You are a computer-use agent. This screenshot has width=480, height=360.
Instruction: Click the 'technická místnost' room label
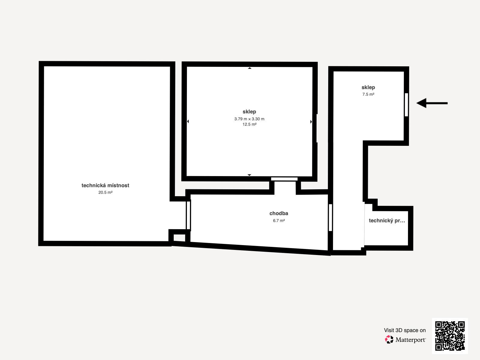[x=105, y=186]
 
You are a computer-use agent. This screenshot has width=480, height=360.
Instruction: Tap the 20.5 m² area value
[x=105, y=192]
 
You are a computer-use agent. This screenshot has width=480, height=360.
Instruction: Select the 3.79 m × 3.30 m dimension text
[x=249, y=119]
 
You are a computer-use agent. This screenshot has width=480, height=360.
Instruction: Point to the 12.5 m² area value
[x=249, y=124]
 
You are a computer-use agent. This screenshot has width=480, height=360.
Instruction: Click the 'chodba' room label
[x=279, y=213]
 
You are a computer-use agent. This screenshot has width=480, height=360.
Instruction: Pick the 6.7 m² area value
[x=279, y=220]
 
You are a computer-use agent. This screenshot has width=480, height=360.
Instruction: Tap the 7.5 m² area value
[x=368, y=94]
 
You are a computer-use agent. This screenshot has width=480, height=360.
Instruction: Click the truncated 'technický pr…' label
[x=387, y=220]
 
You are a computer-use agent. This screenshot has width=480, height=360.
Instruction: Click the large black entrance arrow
[x=432, y=103]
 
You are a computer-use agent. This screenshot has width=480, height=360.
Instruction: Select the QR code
[x=450, y=336]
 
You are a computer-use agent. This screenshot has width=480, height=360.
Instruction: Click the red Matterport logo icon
[x=389, y=340]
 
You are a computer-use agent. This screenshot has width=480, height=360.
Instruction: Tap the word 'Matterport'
[x=411, y=340]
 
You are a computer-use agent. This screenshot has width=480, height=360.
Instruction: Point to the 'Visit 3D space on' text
[x=405, y=330]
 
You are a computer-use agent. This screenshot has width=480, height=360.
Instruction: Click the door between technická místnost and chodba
[x=188, y=215]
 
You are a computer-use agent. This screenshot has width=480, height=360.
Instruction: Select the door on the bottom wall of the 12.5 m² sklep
[x=284, y=179]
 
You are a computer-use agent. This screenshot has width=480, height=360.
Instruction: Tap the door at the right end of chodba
[x=330, y=217]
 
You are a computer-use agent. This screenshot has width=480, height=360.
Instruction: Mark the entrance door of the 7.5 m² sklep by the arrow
[x=406, y=105]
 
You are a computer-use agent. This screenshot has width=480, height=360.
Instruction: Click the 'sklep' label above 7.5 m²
[x=368, y=87]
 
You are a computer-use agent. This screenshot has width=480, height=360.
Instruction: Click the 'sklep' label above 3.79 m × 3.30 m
[x=249, y=112]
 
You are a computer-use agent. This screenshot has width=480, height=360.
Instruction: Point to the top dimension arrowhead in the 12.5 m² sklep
[x=250, y=68]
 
